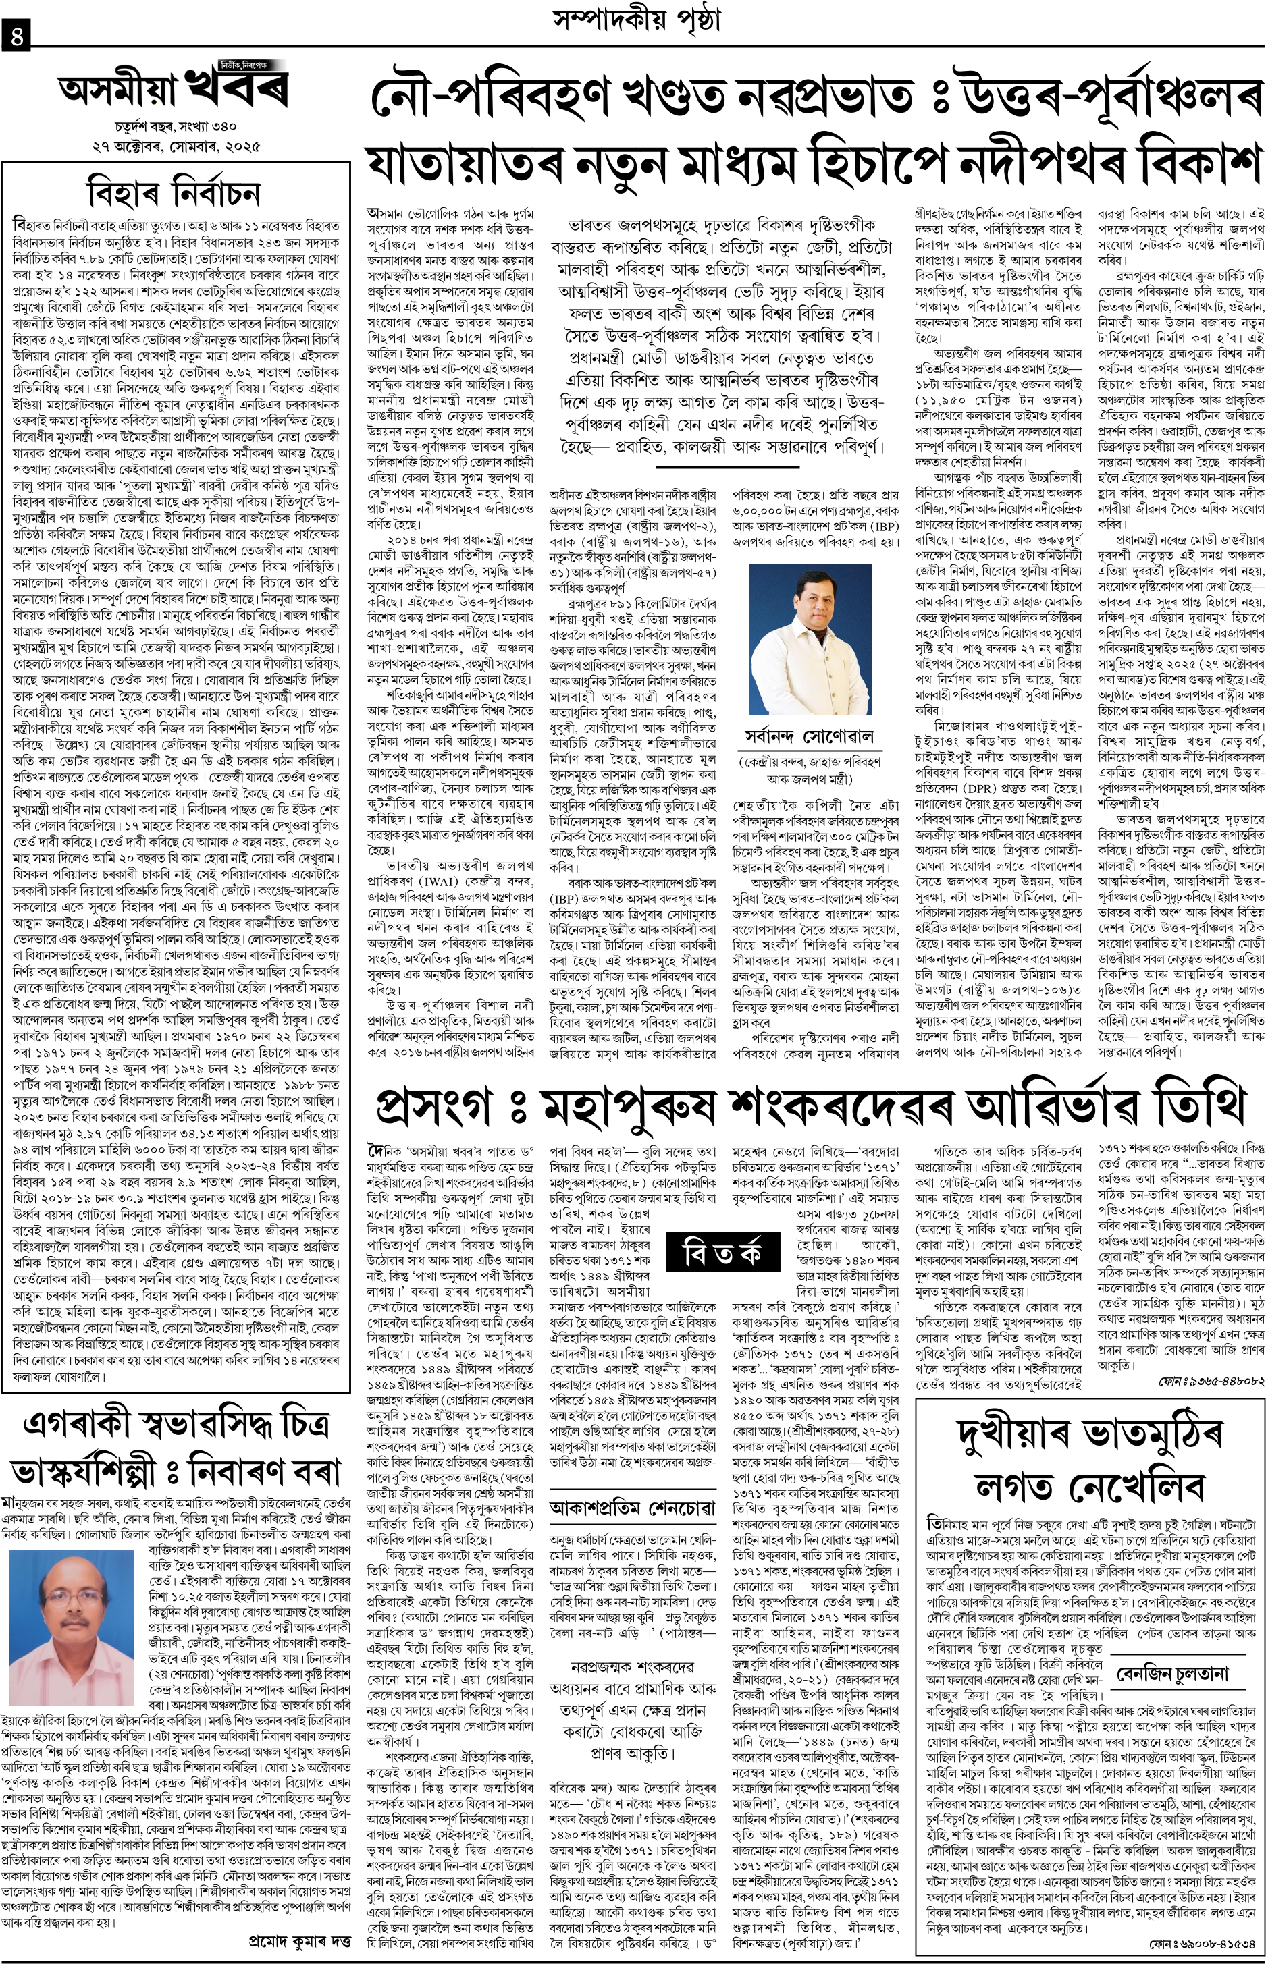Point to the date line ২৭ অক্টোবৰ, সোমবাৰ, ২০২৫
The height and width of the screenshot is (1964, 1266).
coord(175,148)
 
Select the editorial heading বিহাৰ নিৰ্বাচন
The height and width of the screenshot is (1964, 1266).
coord(175,195)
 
